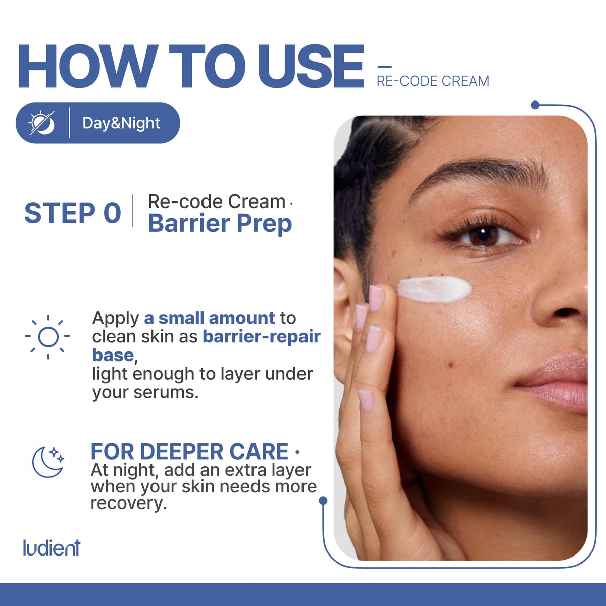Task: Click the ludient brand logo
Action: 52,547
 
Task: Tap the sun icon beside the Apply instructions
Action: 48,337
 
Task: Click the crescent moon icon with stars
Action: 48,462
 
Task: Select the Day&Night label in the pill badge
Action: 121,123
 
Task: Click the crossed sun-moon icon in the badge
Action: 42,123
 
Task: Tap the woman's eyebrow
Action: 479,177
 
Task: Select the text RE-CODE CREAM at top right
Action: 433,81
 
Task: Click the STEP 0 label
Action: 73,213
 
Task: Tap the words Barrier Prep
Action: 220,223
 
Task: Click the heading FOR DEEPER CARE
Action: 189,451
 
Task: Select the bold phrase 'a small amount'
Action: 210,318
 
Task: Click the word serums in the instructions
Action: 166,393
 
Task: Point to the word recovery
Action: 128,503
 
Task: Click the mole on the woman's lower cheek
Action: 451,365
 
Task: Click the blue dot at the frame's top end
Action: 535,105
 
